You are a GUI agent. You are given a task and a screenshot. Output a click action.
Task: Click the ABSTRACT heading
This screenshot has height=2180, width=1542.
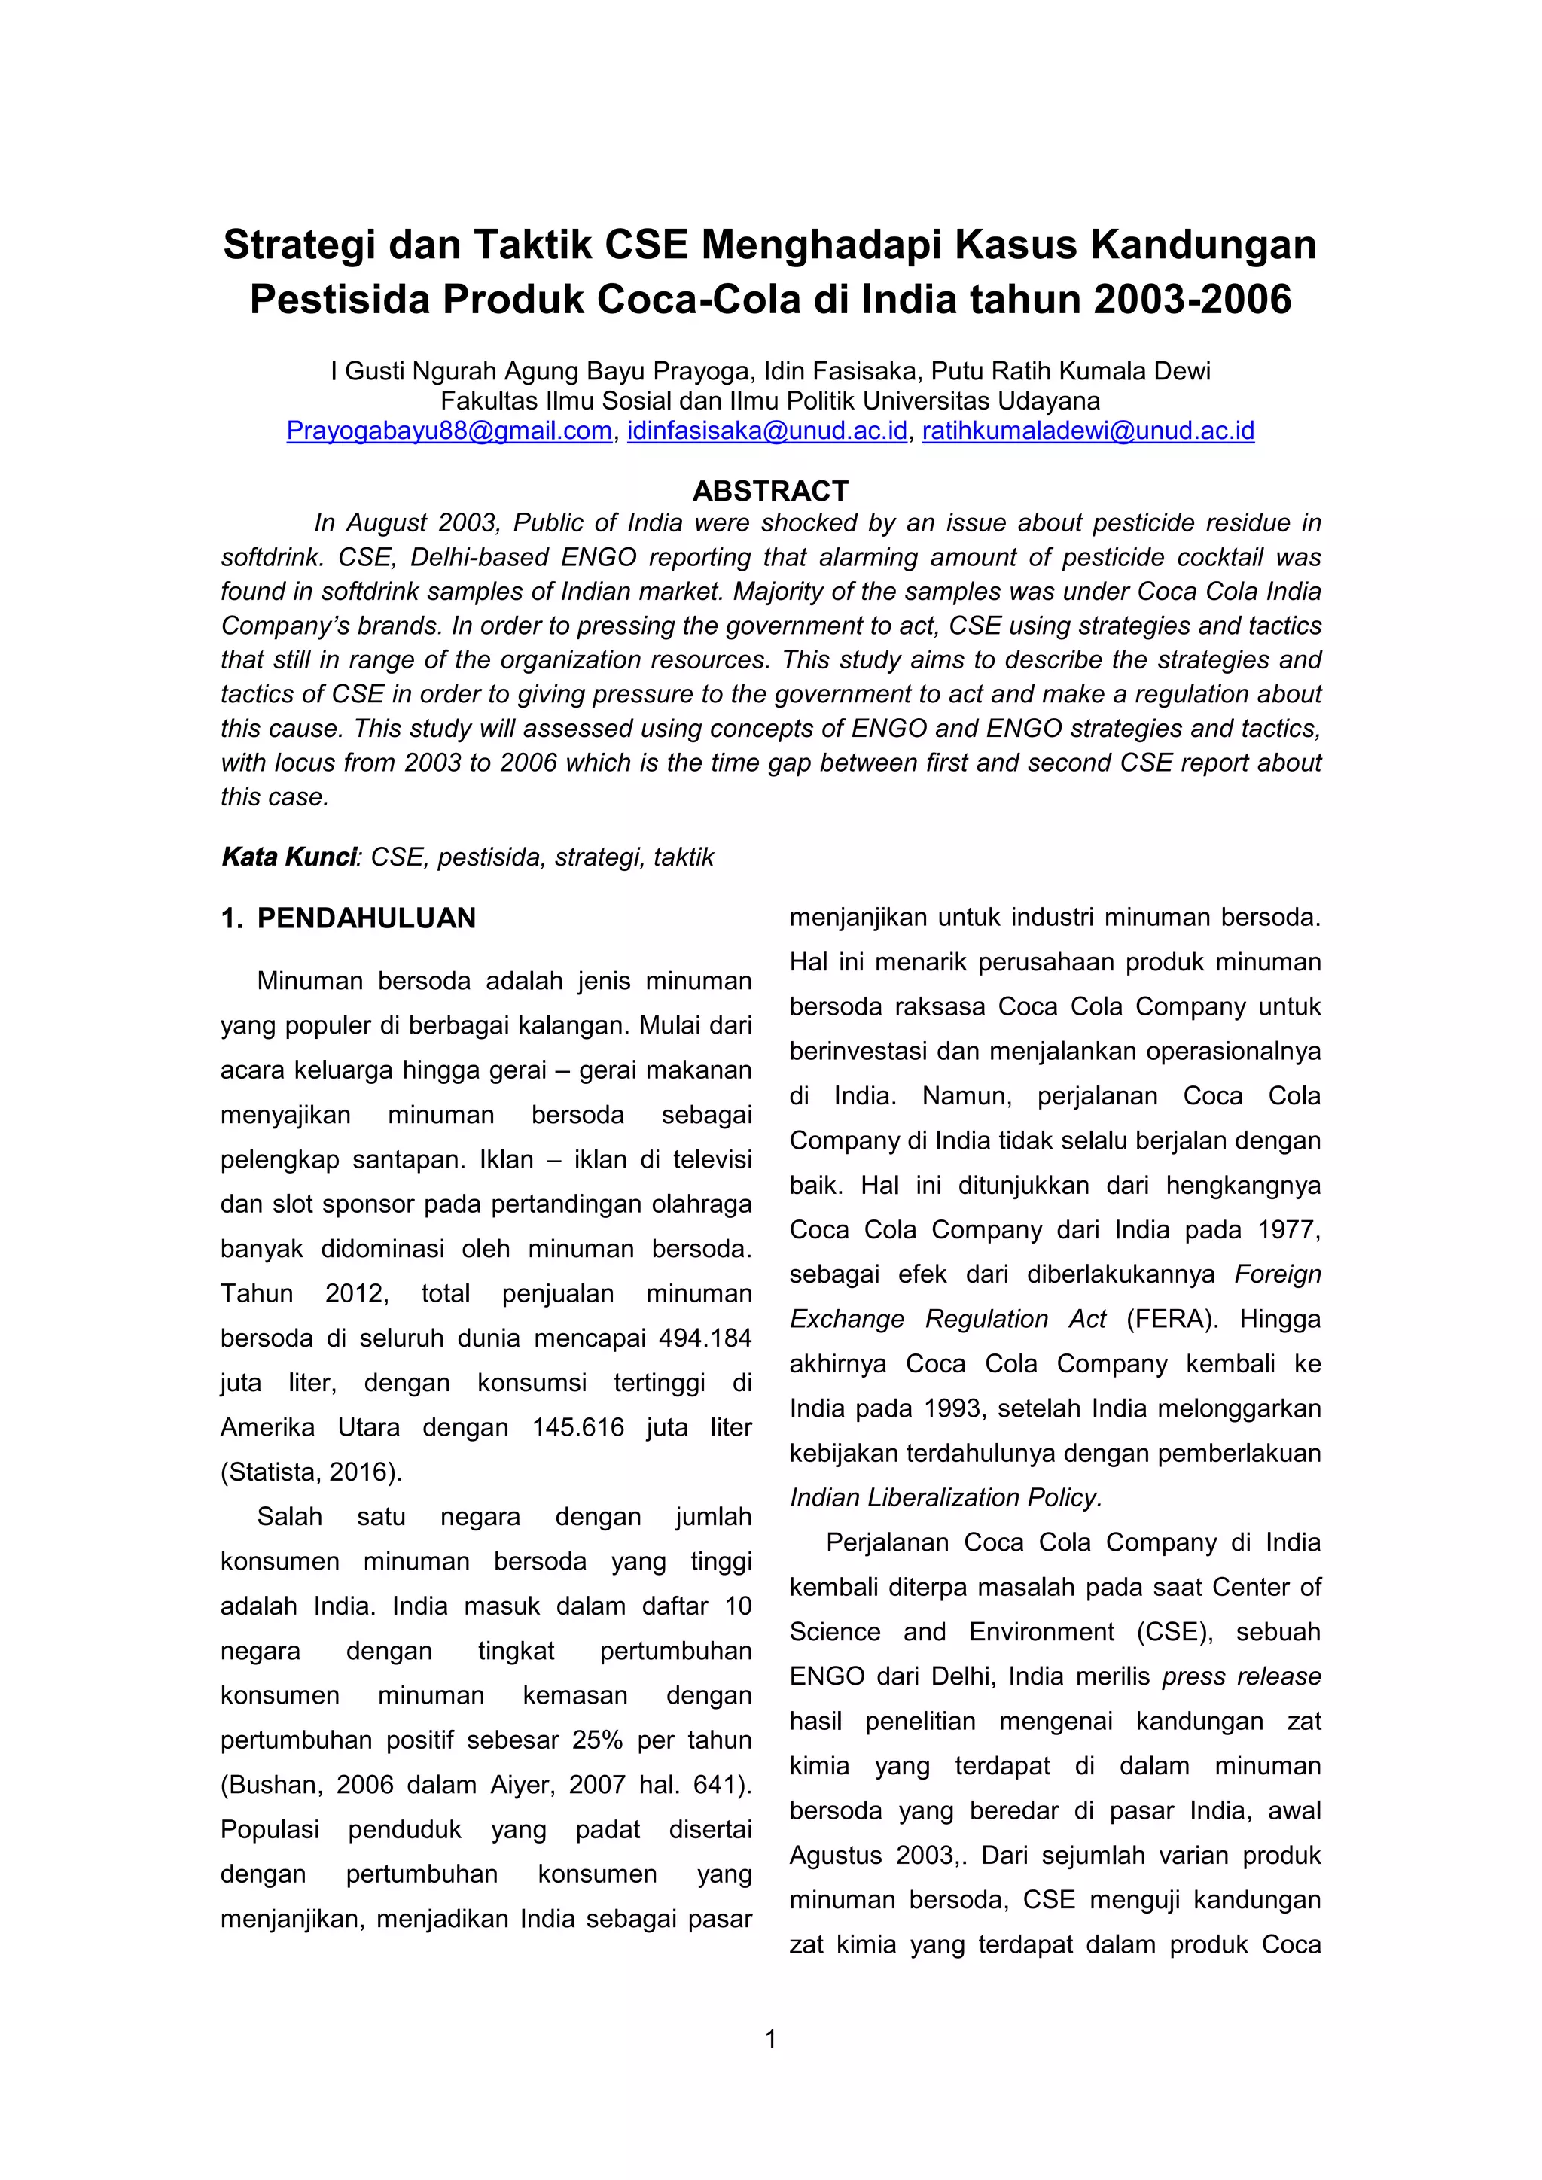770,491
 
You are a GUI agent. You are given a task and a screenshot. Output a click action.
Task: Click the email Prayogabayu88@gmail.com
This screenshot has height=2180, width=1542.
449,431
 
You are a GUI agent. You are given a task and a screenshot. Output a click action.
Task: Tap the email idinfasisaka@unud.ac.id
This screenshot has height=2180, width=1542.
767,431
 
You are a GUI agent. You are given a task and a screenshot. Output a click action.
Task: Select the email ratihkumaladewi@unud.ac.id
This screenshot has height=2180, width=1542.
1088,431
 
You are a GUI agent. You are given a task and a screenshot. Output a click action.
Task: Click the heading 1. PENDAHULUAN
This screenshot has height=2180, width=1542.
349,918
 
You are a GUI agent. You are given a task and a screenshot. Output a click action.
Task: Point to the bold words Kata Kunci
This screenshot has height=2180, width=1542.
288,857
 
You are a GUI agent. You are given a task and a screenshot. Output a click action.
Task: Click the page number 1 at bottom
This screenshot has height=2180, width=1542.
770,2038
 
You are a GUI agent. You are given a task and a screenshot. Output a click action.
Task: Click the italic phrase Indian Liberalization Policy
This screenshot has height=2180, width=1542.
946,1497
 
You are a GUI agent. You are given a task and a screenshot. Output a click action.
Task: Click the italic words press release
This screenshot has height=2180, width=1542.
1241,1676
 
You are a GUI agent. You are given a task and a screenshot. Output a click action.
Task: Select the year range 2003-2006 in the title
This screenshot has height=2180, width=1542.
1193,300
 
